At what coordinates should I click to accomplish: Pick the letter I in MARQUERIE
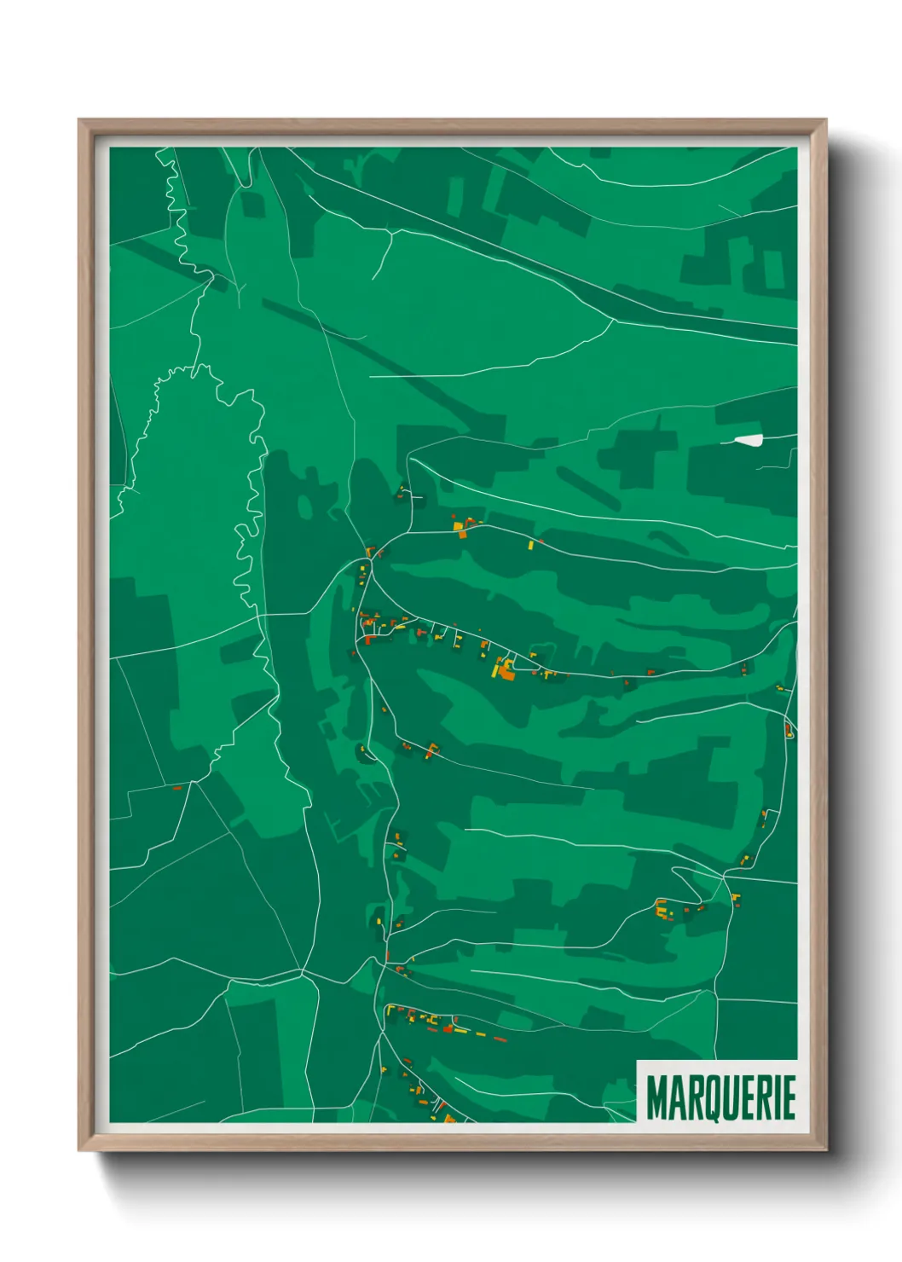click(x=778, y=1098)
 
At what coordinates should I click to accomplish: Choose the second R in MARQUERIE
click(x=765, y=1098)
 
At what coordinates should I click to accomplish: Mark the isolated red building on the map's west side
click(x=178, y=787)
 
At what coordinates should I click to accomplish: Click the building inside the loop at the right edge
click(x=788, y=730)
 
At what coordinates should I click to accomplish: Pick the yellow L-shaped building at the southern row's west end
click(x=392, y=1011)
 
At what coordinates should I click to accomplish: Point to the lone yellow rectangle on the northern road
click(x=530, y=544)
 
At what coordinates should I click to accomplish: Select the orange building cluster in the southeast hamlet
click(x=662, y=909)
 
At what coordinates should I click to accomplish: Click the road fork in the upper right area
click(x=612, y=321)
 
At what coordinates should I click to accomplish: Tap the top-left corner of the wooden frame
click(x=79, y=120)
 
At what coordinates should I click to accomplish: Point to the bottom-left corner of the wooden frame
click(x=79, y=1150)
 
